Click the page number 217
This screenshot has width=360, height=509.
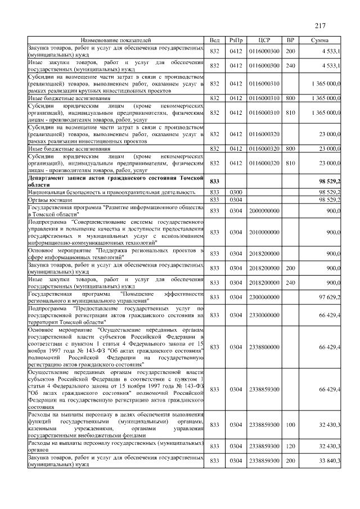click(x=321, y=25)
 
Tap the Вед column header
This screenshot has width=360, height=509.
click(x=214, y=40)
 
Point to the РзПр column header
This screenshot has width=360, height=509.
click(x=236, y=40)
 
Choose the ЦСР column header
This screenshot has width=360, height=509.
click(x=264, y=40)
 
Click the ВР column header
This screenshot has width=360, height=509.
click(x=290, y=40)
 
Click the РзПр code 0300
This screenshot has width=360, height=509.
click(x=236, y=192)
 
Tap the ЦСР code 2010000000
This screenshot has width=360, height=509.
click(x=264, y=232)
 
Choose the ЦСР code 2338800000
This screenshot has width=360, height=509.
click(x=264, y=347)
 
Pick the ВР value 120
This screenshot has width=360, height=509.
click(x=290, y=446)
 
